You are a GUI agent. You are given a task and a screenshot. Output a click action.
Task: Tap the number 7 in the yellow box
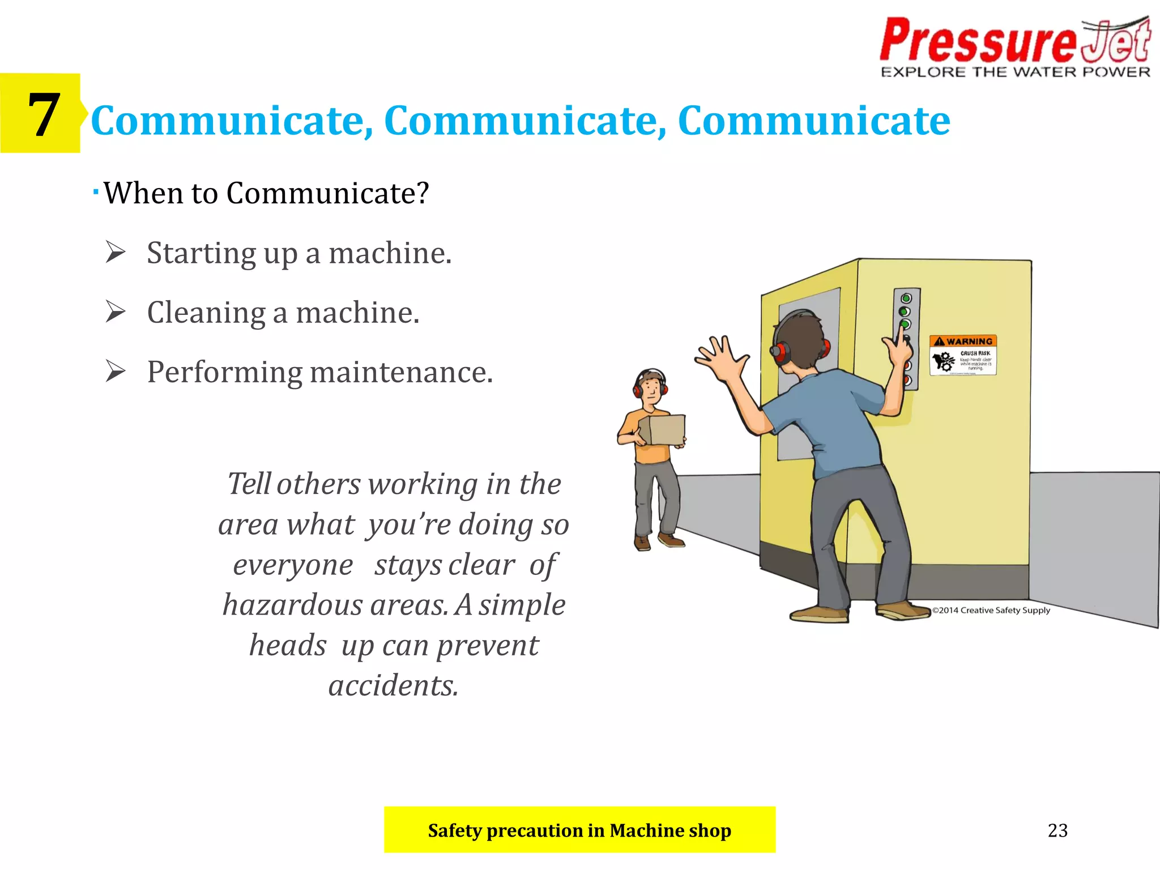click(43, 115)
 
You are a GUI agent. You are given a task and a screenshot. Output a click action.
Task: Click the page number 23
click(1057, 830)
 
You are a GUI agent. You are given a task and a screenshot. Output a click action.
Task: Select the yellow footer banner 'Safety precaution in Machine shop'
click(579, 830)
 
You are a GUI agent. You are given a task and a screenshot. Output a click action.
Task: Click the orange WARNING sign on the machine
click(963, 355)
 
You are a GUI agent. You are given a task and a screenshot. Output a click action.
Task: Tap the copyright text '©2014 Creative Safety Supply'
click(991, 610)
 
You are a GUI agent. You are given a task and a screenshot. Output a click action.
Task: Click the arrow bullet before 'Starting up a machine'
click(116, 252)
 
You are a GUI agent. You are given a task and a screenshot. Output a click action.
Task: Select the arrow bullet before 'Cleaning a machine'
click(116, 312)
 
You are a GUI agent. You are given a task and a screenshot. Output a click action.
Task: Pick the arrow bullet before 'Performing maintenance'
click(116, 372)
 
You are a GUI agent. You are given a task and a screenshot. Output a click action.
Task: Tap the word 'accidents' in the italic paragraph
click(393, 685)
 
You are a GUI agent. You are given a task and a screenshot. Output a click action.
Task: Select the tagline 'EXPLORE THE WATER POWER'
click(1016, 72)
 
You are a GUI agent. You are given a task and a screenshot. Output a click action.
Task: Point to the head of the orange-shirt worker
click(650, 386)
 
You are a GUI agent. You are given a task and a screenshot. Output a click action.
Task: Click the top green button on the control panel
click(906, 298)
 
